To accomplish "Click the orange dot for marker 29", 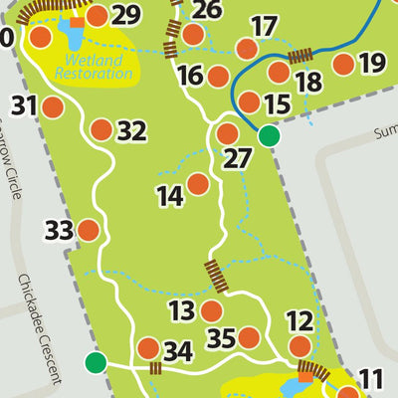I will tap(97, 16).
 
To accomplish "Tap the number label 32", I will tap(131, 130).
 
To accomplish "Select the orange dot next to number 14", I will tap(198, 184).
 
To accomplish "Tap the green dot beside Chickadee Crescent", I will tap(96, 362).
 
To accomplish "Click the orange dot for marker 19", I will tap(343, 65).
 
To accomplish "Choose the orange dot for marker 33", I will tap(89, 231).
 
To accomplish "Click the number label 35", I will tap(220, 338).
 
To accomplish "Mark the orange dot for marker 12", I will tap(299, 346).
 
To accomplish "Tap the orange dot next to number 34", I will tap(148, 348).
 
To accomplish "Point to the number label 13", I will tap(181, 311).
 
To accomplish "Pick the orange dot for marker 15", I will tap(249, 102).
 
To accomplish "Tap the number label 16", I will tap(190, 76).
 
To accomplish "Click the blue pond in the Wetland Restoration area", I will tap(71, 37).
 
